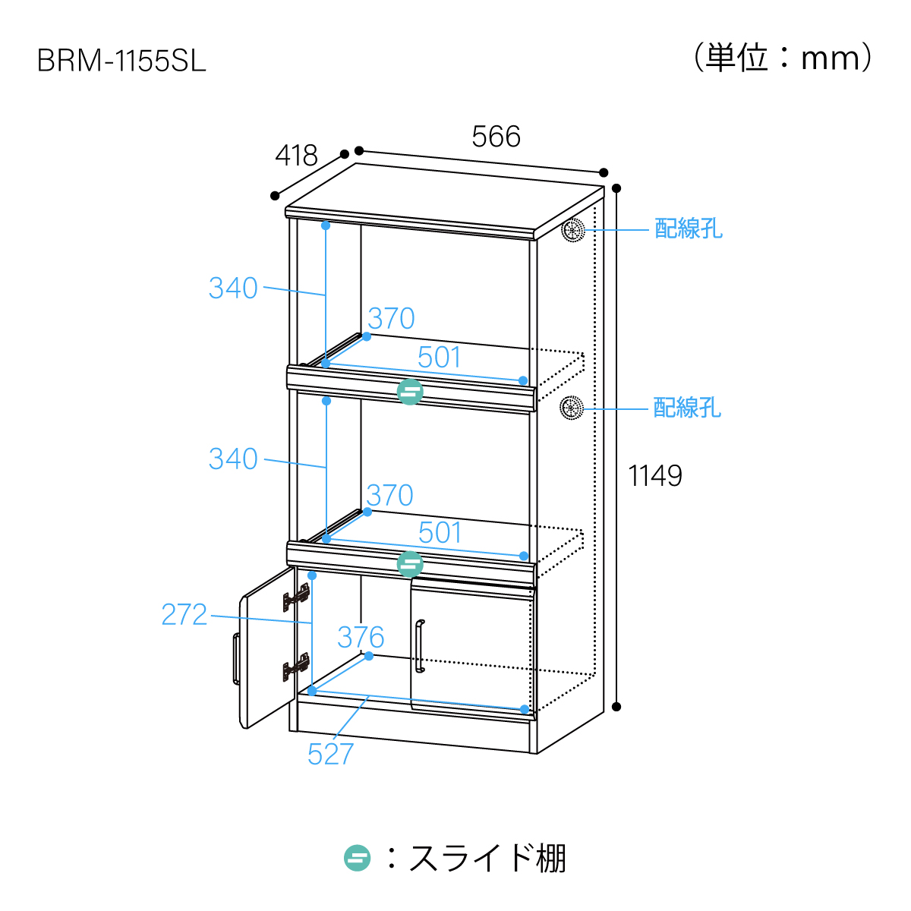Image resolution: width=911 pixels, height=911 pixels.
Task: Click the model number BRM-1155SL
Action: (121, 61)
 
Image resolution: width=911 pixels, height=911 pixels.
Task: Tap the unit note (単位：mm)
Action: (783, 58)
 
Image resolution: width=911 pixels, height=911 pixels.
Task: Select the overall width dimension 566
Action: (496, 137)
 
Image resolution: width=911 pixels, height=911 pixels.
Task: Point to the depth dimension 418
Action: (296, 156)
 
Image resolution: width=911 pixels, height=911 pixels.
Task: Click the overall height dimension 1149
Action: (655, 476)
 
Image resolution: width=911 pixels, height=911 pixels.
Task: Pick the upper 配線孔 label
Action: (689, 229)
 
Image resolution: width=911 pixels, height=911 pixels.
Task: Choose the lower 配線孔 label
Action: (687, 408)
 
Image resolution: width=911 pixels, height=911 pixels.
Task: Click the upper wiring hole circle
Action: (572, 229)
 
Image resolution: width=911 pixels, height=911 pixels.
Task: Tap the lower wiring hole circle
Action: (571, 408)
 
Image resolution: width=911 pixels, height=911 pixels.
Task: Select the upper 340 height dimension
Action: (233, 288)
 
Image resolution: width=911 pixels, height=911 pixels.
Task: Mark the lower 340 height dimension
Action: (233, 459)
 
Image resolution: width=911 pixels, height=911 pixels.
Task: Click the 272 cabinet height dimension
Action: (184, 615)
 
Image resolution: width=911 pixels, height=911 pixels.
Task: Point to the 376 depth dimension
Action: (361, 638)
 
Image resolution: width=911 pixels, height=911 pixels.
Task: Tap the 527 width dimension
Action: (330, 755)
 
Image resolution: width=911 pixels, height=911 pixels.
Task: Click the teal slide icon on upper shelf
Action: (410, 391)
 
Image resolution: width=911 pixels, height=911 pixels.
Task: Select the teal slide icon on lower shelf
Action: (410, 564)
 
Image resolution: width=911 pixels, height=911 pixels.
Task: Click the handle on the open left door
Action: (236, 658)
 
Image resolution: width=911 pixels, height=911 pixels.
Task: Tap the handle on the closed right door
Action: (419, 646)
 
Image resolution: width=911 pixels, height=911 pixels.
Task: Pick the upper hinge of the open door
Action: (296, 597)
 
